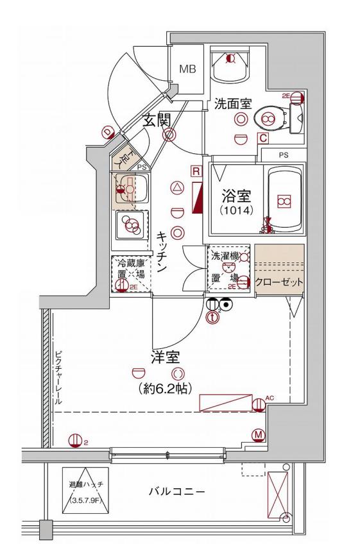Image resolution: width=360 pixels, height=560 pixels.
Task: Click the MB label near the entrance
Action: (x=187, y=69)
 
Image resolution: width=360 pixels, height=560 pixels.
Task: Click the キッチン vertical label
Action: (x=162, y=253)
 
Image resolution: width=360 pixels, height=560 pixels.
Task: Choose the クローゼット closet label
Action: (x=279, y=283)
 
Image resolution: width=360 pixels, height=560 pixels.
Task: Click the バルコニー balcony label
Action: (x=177, y=492)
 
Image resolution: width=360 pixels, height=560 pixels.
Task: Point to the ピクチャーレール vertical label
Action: (x=58, y=378)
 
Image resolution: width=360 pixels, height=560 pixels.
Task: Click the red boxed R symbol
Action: (x=196, y=171)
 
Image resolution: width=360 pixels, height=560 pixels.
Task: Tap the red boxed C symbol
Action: (x=262, y=137)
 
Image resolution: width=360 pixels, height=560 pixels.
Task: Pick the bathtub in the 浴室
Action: (x=284, y=201)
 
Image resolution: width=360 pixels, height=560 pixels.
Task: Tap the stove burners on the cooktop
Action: (x=132, y=226)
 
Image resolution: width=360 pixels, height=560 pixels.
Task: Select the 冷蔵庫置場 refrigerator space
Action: (x=130, y=274)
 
